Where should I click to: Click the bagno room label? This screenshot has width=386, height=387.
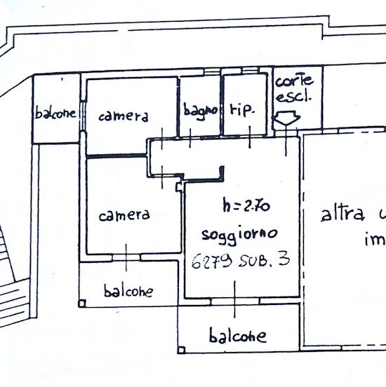tap(201, 111)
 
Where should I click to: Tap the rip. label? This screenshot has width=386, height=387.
tap(241, 110)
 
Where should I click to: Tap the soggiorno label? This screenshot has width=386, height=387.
tap(239, 233)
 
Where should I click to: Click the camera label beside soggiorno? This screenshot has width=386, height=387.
tap(124, 215)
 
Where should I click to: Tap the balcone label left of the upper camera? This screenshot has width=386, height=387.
tap(56, 113)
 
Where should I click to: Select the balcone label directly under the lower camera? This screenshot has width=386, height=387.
tap(128, 290)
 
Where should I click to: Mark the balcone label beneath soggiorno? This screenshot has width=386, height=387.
tap(239, 336)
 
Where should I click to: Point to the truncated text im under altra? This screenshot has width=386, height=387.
tap(375, 242)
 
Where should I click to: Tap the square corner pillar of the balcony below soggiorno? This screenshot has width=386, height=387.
tap(182, 347)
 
